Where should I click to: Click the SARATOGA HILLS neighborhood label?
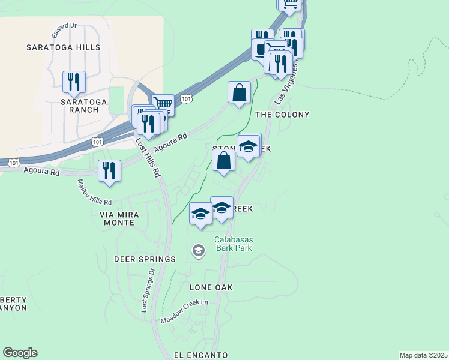tap(63, 47)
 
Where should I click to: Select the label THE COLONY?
tap(282, 115)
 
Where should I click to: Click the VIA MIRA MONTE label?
tap(120, 218)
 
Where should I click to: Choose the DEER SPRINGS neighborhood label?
tap(145, 259)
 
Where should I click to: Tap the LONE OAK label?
tap(211, 287)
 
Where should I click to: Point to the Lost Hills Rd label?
tap(148, 158)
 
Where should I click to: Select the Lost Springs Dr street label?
tap(148, 290)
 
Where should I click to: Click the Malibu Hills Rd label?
tap(94, 192)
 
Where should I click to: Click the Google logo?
tap(20, 353)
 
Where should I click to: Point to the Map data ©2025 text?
tap(423, 355)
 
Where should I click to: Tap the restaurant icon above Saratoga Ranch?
tap(74, 81)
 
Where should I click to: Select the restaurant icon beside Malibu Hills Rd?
tap(109, 170)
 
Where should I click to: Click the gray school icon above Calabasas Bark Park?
tap(198, 250)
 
